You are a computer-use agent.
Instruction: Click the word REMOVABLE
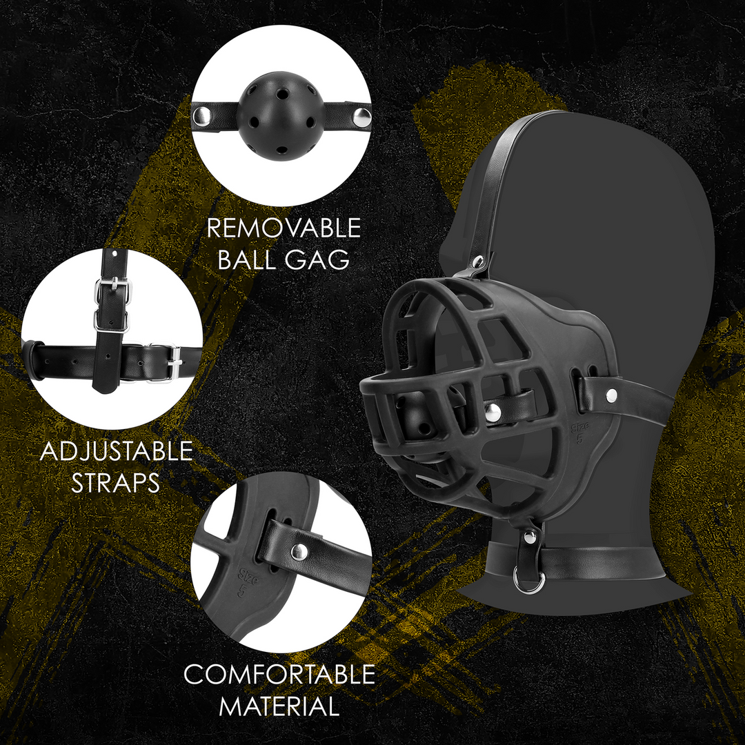284,228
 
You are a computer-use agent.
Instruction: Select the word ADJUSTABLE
116,452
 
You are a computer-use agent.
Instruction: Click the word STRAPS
116,482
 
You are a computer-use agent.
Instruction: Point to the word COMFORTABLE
279,675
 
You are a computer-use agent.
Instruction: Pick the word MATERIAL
279,706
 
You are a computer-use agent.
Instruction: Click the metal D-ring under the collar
530,584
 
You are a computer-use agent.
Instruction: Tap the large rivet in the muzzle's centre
492,412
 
